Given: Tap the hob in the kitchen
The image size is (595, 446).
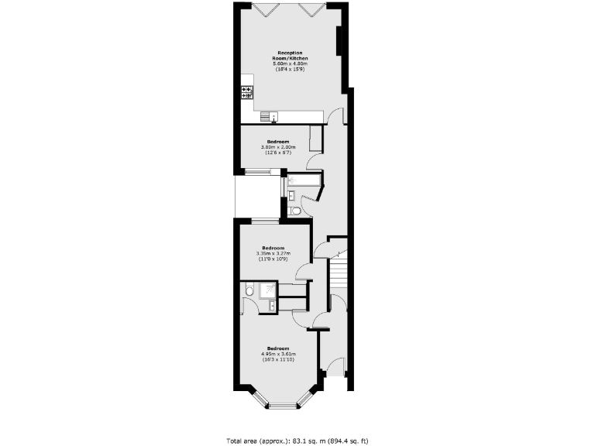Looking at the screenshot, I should click(x=248, y=92).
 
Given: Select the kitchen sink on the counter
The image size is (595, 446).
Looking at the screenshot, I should click(x=271, y=117).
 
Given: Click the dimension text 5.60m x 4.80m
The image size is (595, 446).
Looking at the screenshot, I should click(x=289, y=63).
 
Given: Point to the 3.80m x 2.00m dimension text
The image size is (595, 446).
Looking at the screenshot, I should click(x=278, y=147).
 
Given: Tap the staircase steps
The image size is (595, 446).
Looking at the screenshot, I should click(x=339, y=276).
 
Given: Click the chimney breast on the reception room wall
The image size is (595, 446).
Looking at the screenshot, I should click(x=339, y=43).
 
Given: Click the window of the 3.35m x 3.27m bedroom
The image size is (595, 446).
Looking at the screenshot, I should click(x=265, y=223).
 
